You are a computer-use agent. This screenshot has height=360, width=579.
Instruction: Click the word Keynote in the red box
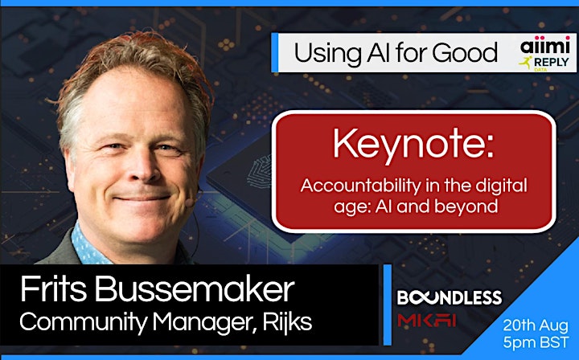coord(413,144)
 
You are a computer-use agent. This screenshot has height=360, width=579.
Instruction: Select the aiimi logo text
coord(545,46)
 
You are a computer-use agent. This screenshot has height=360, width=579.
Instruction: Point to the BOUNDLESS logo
coord(450,297)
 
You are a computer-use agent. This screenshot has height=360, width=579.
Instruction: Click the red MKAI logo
coord(426,320)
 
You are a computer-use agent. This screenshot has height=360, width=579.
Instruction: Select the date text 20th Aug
coord(536,325)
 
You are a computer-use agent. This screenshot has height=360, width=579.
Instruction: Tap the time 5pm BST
coord(536,342)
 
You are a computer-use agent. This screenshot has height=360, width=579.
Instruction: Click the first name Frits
coord(53,289)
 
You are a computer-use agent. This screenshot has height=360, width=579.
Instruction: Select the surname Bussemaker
coord(195,289)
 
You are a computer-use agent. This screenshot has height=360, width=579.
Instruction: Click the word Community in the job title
coord(84,322)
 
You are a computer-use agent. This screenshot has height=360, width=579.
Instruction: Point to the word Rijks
coord(287,321)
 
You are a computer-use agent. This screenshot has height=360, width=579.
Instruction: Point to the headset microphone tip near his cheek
coord(190,202)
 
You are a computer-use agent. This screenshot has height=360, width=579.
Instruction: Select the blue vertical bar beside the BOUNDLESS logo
coord(387,305)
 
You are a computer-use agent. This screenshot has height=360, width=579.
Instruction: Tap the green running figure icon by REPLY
coord(525,63)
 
